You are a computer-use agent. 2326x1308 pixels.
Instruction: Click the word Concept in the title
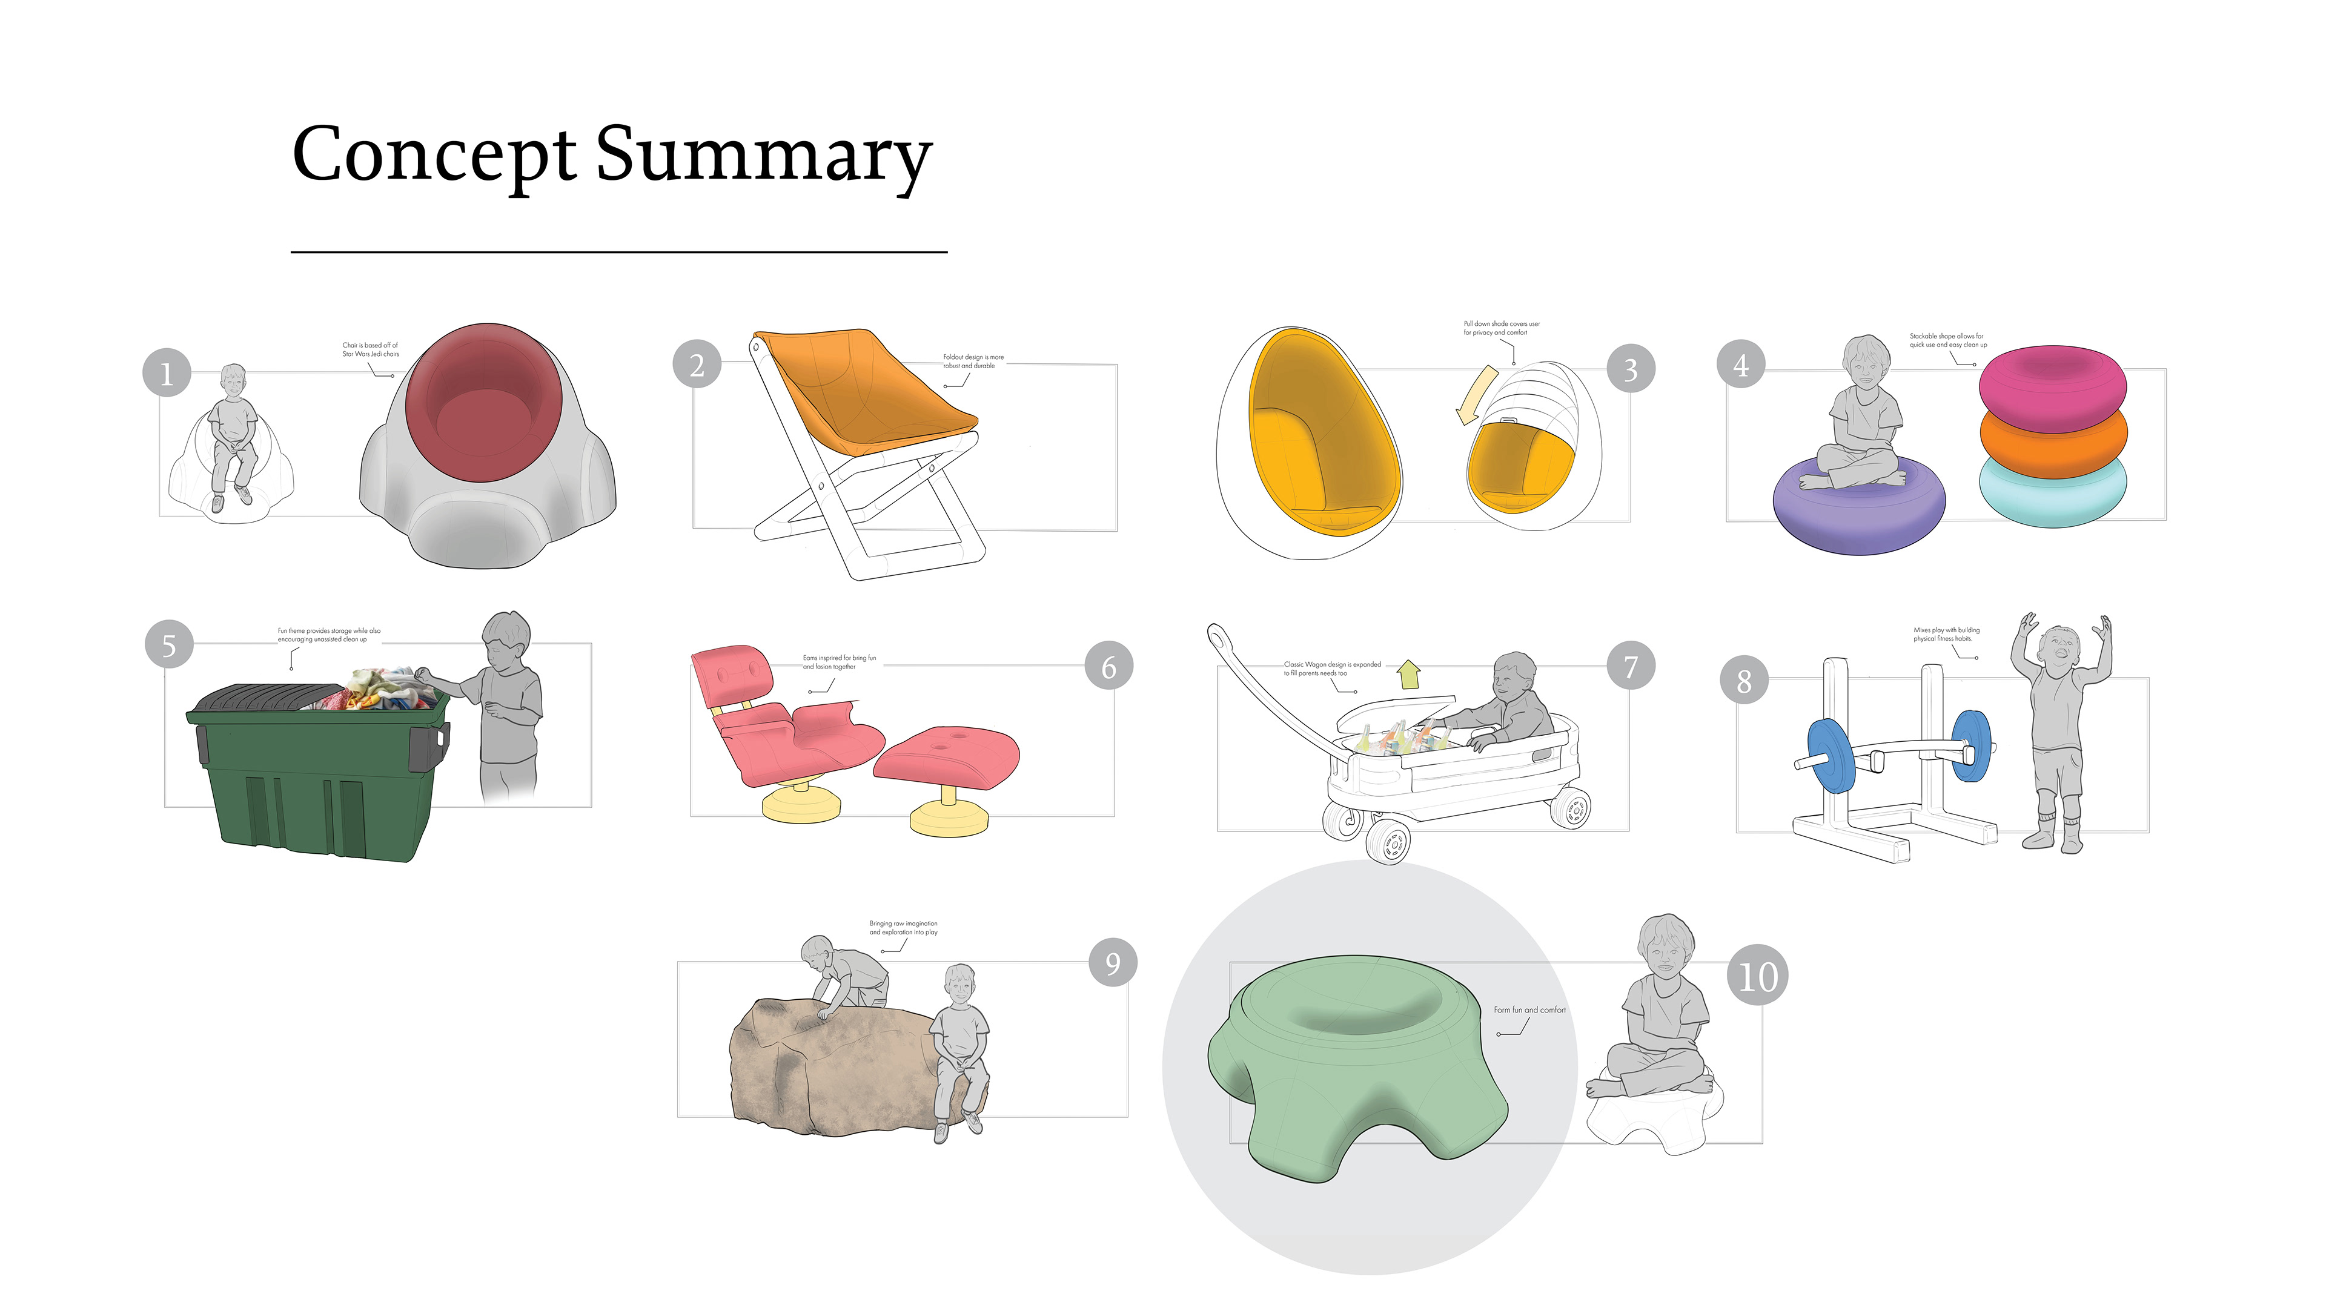pos(434,155)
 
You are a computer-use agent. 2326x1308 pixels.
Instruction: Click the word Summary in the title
pos(763,155)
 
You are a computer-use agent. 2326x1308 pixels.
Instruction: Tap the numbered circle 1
pos(166,373)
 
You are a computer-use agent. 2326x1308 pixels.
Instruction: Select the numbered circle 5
pos(169,644)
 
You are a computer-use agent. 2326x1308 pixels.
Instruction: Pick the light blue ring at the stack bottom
pos(2052,497)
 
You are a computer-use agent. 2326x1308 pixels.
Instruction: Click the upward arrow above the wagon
pos(1408,673)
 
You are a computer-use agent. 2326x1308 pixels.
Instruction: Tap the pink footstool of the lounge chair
pos(948,755)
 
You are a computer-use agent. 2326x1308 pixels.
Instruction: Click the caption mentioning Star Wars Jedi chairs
pos(370,349)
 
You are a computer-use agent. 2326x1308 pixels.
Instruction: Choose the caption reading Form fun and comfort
pos(1529,1009)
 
